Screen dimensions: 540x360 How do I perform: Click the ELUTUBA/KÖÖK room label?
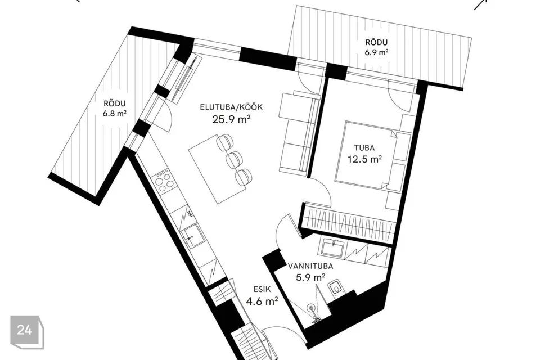point(231,107)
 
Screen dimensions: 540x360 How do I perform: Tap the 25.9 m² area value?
point(231,119)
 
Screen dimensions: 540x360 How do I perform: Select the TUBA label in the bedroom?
point(364,148)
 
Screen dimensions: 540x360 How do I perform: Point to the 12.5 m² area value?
point(364,159)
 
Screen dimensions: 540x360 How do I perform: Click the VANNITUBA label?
point(310,266)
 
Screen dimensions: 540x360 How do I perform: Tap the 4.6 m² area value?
point(262,301)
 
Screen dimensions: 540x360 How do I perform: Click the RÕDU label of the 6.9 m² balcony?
point(376,43)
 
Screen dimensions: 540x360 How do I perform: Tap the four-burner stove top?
point(164,180)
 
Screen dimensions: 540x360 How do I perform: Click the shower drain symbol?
point(311,307)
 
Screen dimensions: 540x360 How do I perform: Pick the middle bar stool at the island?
point(235,159)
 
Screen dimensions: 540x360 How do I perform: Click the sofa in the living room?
point(298,131)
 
